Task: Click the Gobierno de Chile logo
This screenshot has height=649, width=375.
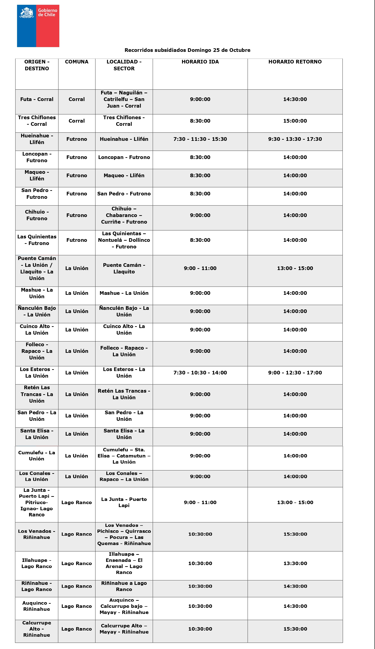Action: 38,26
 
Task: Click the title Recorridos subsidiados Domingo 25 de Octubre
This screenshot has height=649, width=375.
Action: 187,50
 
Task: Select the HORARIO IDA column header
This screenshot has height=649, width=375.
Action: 200,62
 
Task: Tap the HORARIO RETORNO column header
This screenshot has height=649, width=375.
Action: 295,62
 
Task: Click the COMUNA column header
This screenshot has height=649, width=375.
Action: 77,62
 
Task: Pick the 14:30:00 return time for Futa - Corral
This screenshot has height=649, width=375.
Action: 295,99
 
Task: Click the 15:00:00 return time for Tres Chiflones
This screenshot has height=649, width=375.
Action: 295,121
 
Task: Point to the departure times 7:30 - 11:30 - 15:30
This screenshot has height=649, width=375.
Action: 200,139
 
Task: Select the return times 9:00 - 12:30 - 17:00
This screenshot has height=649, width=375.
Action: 295,373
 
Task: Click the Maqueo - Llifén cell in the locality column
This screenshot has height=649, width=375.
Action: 124,176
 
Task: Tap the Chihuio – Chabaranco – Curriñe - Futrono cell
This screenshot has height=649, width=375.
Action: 124,215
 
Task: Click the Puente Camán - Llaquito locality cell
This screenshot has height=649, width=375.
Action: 124,268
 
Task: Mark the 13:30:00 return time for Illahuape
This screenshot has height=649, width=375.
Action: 295,563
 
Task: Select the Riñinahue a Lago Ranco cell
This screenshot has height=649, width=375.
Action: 124,586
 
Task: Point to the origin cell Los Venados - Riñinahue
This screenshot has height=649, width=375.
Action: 37,534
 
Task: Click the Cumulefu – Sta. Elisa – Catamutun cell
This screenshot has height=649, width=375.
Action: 124,456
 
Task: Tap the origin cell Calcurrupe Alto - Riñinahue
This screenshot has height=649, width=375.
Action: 37,629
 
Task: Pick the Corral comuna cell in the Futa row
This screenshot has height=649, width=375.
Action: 77,99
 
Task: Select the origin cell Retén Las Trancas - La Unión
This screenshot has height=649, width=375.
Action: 37,394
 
